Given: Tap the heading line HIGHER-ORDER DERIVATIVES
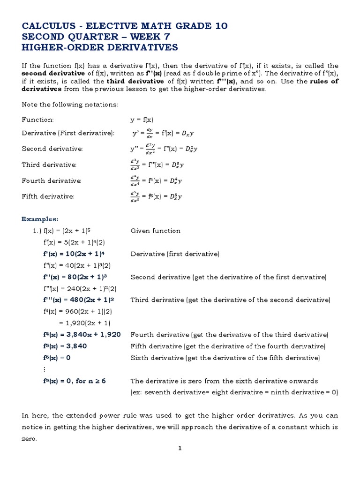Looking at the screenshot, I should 100,47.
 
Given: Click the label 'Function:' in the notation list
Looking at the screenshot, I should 38,120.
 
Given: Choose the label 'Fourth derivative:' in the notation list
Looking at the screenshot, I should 52,180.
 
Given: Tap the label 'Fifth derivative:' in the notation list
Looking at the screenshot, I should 48,196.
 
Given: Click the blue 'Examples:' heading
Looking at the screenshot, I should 40,219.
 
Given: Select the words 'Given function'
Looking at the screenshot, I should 155,231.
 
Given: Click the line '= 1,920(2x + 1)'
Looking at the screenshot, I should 84,322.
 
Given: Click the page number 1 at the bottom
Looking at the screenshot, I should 180,448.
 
